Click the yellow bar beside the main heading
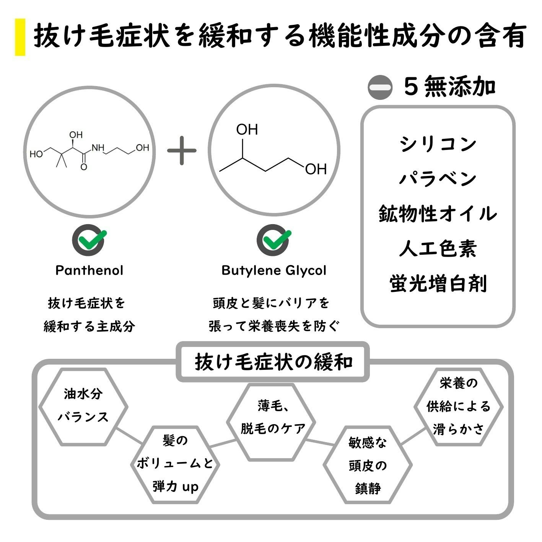(x=20, y=37)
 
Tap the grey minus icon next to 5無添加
(x=380, y=87)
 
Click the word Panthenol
(x=90, y=270)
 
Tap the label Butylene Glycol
(x=274, y=270)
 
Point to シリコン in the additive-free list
(x=438, y=144)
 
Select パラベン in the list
(x=438, y=179)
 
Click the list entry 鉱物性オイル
(x=438, y=213)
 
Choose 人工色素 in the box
(x=438, y=249)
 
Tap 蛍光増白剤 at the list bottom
(x=438, y=284)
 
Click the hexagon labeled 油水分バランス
(x=83, y=406)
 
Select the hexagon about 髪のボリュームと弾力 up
(x=175, y=464)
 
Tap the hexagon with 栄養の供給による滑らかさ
(x=458, y=406)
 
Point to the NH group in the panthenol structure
(x=98, y=148)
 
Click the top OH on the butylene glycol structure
(x=247, y=130)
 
